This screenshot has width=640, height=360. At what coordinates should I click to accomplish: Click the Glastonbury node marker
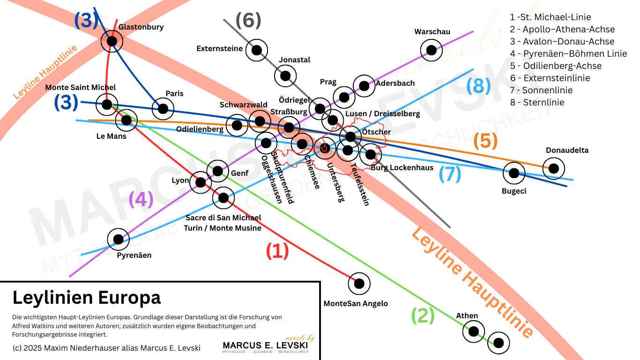tap(112, 41)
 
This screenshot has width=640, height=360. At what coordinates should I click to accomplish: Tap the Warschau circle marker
tap(431, 50)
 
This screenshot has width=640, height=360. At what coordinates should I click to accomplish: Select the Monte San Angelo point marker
tap(359, 283)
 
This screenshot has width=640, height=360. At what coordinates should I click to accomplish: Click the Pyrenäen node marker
tap(118, 239)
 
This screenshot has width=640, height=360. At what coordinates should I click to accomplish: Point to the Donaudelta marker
tap(554, 168)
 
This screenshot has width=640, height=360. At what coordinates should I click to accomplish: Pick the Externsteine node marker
tap(257, 50)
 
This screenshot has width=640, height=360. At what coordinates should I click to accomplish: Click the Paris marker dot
tap(163, 108)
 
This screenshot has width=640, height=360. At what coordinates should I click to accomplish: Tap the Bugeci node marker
tap(514, 173)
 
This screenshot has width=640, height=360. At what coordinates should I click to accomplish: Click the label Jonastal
tap(294, 60)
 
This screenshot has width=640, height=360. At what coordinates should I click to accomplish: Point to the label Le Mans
tap(111, 136)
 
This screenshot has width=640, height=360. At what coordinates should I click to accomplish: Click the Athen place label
tap(467, 315)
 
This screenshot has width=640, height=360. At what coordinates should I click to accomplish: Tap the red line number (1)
tap(277, 251)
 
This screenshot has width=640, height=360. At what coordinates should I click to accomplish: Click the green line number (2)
tap(423, 316)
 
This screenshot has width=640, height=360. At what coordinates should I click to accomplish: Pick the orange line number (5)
tap(485, 141)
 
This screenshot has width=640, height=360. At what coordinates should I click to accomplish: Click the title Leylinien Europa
tap(87, 297)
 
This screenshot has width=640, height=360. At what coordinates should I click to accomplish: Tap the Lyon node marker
tap(201, 182)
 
